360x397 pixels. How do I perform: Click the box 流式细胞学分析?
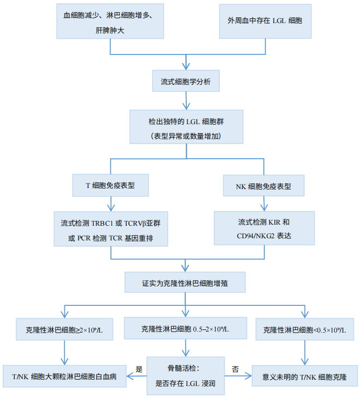point(186,81)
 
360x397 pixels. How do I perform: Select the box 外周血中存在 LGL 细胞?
point(265,21)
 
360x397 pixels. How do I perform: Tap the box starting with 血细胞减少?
point(110,21)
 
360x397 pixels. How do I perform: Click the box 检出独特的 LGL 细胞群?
point(186,127)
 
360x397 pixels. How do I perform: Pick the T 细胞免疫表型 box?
point(110,185)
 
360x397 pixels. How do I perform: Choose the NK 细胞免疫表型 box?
point(264,185)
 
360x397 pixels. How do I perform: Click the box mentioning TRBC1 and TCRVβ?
point(111,229)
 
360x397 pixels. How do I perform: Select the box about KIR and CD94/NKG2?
point(264,228)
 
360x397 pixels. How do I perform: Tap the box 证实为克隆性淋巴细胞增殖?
point(185,282)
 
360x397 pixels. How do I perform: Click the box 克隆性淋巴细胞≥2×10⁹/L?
point(64,329)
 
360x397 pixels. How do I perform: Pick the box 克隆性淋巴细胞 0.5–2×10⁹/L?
point(185,328)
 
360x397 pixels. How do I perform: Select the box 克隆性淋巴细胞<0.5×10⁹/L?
point(305,329)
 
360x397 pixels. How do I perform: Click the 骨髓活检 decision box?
point(186,376)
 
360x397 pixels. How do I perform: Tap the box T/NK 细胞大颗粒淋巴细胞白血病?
point(64,376)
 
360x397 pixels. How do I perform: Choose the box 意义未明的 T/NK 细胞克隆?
point(305,376)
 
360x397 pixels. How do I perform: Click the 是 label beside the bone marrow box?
point(139,369)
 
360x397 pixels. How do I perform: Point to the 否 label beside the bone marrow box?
point(235,369)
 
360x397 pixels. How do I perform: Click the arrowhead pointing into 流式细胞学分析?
point(186,66)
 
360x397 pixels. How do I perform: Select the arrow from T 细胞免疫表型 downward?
point(111,204)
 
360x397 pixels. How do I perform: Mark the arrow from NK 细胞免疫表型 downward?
point(264,204)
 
